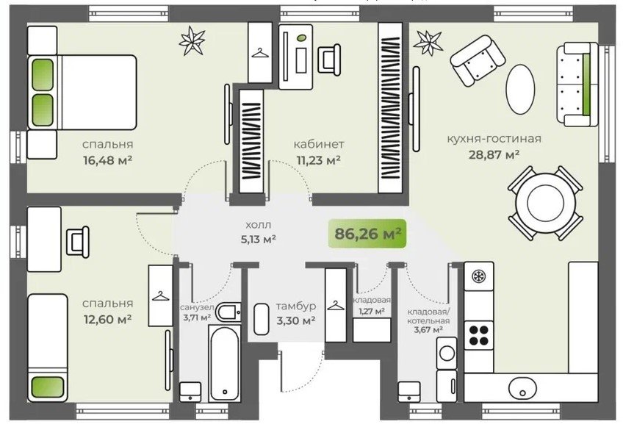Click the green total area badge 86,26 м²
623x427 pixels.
click(367, 234)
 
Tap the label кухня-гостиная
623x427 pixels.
click(494, 139)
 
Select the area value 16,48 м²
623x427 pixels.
click(107, 160)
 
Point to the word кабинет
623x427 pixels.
click(319, 144)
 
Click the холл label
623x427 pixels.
click(259, 225)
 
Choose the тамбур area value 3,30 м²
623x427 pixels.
click(296, 320)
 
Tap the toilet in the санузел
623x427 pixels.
click(228, 312)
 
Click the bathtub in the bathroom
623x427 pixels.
click(225, 363)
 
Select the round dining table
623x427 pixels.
click(545, 203)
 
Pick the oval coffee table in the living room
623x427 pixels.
click(519, 90)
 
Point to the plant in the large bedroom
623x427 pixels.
click(192, 40)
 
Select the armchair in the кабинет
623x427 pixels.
click(329, 60)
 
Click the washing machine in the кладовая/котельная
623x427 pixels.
click(447, 353)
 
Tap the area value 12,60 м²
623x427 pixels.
click(107, 319)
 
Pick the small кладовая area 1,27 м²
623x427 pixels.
click(372, 311)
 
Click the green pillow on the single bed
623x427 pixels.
click(47, 387)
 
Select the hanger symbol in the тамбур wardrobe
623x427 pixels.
click(335, 305)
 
